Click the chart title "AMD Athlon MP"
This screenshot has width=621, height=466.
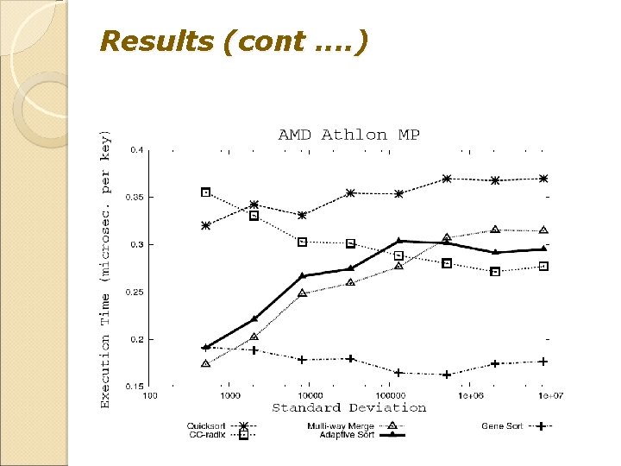point(348,135)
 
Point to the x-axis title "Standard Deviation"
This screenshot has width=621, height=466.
point(348,407)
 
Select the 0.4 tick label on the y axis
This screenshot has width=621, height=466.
point(136,149)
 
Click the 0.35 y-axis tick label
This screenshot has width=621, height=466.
point(135,197)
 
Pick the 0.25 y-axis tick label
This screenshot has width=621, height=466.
point(135,293)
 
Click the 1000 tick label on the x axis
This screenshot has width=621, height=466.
point(229,396)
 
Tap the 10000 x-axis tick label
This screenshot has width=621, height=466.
point(309,396)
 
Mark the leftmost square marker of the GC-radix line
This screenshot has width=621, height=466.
point(205,192)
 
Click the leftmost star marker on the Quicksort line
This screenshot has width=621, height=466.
point(205,225)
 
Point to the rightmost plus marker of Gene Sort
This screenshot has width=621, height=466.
point(543,362)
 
